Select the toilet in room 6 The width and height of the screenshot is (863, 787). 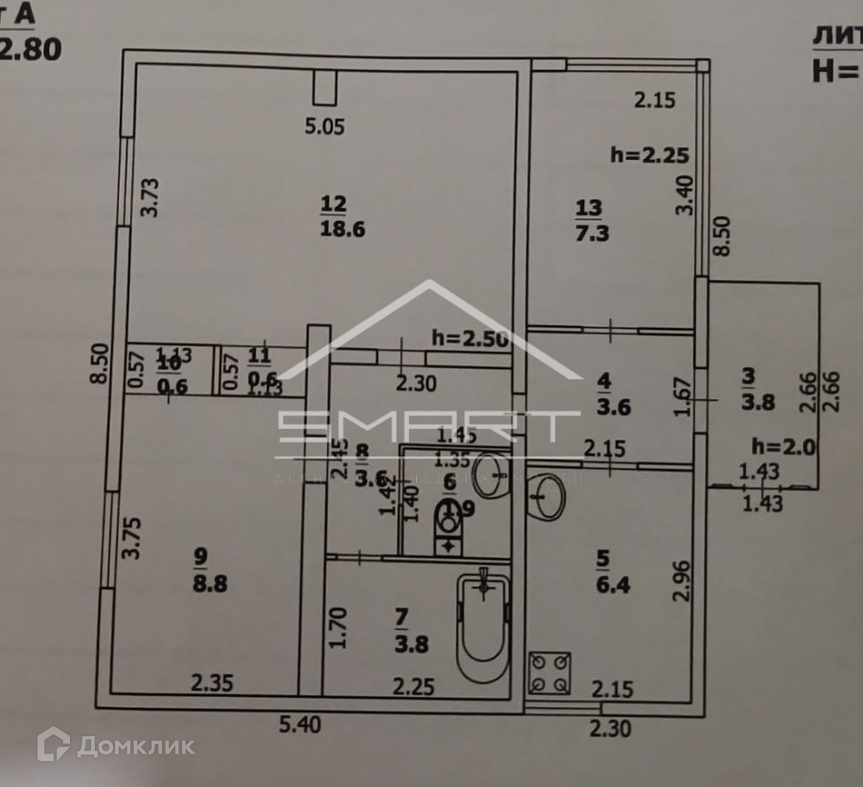click(448, 527)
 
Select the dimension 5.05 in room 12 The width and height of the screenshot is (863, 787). click(323, 125)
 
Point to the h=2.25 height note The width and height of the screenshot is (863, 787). click(650, 154)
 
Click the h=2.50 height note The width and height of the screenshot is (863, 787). click(469, 337)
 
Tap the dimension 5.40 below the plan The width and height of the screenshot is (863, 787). click(299, 726)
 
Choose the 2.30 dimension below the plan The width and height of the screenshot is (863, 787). click(610, 729)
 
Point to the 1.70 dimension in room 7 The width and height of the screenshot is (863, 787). click(337, 627)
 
